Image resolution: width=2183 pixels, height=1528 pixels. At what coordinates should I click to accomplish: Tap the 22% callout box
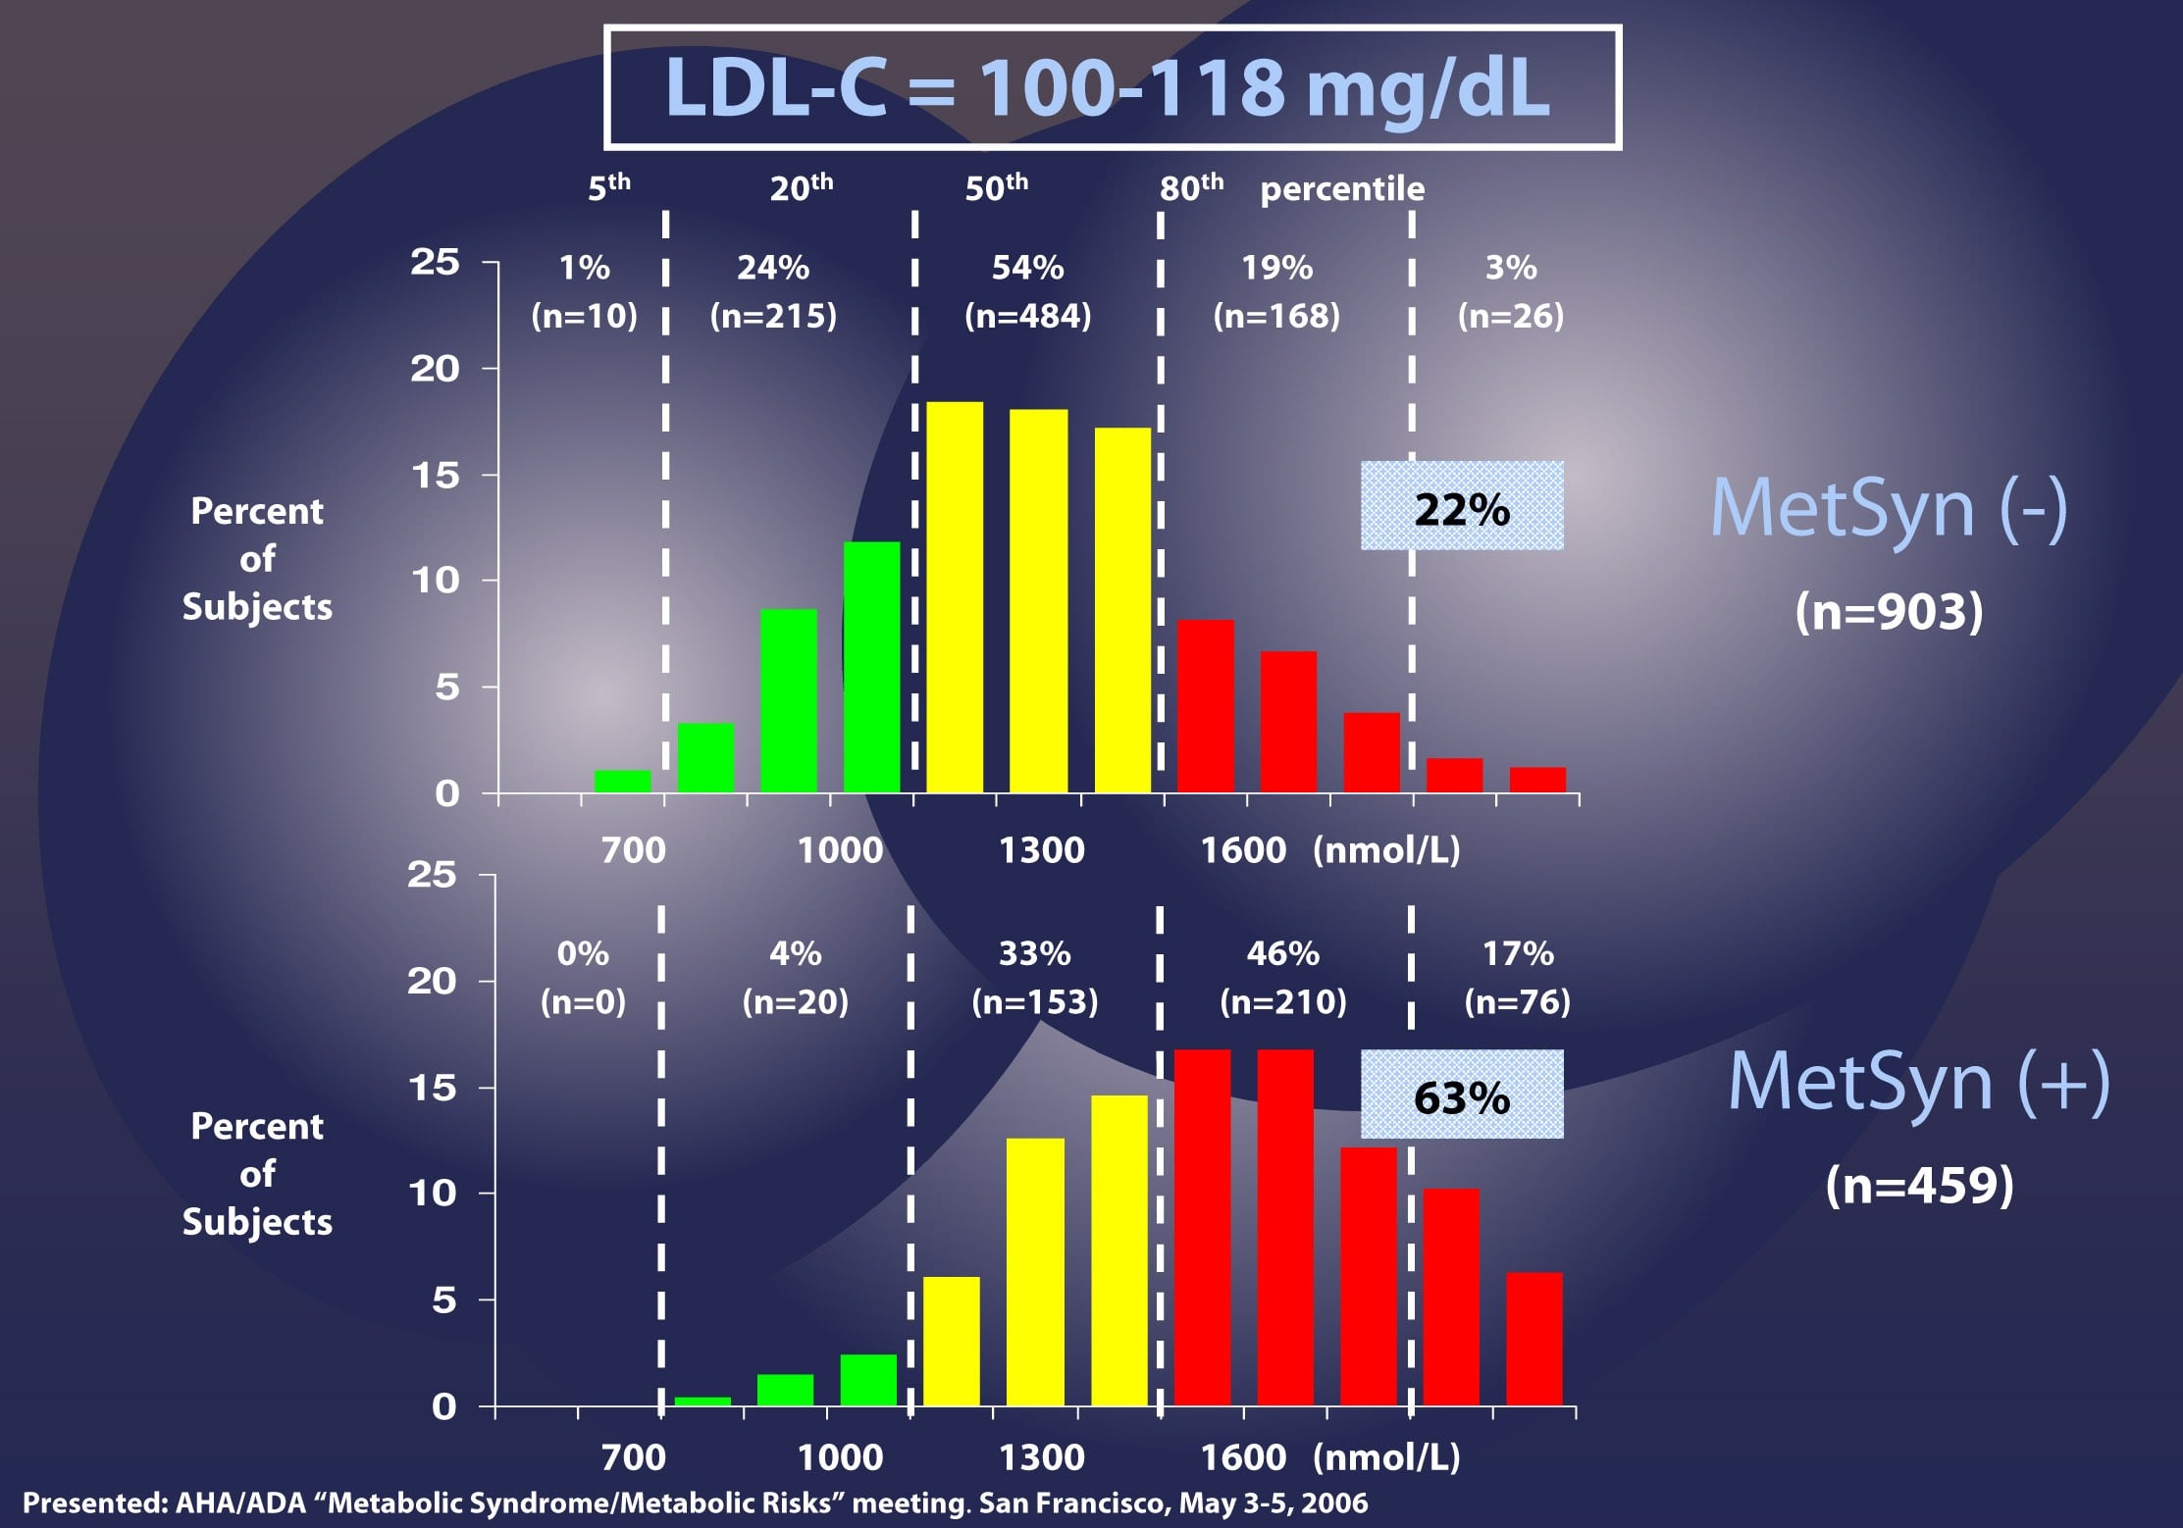click(1461, 506)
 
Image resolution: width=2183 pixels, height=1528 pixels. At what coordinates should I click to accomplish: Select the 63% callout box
click(1461, 1095)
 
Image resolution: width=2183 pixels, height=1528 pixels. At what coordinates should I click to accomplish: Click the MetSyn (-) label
click(1889, 509)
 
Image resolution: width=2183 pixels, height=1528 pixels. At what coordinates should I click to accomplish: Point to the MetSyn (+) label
click(1918, 1082)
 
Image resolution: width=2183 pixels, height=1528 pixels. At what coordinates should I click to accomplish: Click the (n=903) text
click(1889, 611)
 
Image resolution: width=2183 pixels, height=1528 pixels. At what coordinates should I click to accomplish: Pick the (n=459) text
click(1919, 1185)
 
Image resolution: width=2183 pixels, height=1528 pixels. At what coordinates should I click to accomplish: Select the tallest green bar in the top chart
click(871, 667)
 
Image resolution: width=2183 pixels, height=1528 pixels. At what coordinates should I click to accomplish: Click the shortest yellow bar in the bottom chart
click(952, 1341)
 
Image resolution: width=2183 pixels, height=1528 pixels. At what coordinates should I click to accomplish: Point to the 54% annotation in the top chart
click(1027, 268)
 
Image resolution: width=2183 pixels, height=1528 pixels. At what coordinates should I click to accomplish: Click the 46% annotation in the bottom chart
click(1282, 953)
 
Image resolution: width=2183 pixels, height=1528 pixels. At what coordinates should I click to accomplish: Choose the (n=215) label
click(773, 316)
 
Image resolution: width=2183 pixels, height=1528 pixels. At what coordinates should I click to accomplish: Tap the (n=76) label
click(1517, 1001)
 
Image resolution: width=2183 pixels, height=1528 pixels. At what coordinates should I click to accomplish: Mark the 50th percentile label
click(996, 186)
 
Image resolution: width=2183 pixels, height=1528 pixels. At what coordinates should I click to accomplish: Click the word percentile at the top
click(1342, 188)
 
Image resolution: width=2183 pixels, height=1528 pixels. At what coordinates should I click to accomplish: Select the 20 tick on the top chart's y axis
click(435, 369)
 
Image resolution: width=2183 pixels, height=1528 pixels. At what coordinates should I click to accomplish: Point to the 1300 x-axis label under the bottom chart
click(1041, 1457)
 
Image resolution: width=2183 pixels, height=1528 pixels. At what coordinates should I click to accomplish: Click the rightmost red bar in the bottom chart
click(1534, 1339)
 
